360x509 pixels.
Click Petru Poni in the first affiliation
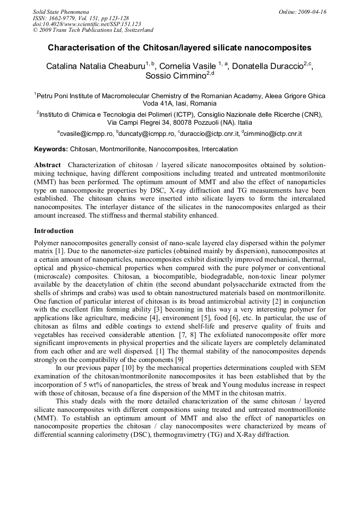pos(52,96)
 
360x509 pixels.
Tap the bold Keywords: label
pos(51,150)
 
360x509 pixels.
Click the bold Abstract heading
pos(47,165)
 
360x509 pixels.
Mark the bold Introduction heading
pos(54,231)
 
